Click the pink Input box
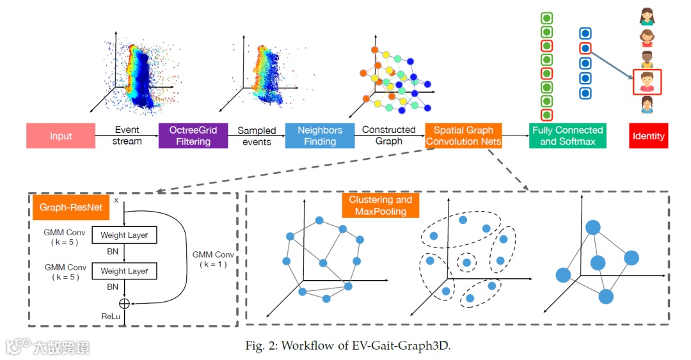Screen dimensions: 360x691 tap(61, 136)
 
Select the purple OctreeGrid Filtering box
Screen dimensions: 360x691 tap(193, 136)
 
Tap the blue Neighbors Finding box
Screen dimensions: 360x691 tap(320, 136)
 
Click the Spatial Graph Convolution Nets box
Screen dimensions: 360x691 tap(463, 136)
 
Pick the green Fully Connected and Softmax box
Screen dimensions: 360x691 tap(567, 136)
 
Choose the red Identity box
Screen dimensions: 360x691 tap(649, 136)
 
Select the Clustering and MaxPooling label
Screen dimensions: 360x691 tap(380, 206)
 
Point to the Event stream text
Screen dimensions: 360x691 tap(127, 136)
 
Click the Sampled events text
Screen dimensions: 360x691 tap(257, 136)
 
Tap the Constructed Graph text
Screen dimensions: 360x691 tap(388, 136)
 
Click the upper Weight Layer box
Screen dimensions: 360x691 tap(124, 235)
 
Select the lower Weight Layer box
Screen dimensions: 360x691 tap(124, 271)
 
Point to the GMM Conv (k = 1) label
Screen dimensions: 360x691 tap(213, 259)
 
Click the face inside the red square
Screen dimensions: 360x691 tap(647, 82)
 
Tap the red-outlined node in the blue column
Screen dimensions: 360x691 tap(585, 48)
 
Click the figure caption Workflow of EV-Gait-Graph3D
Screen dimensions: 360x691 tap(349, 346)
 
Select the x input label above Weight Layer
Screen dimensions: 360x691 tap(116, 200)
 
